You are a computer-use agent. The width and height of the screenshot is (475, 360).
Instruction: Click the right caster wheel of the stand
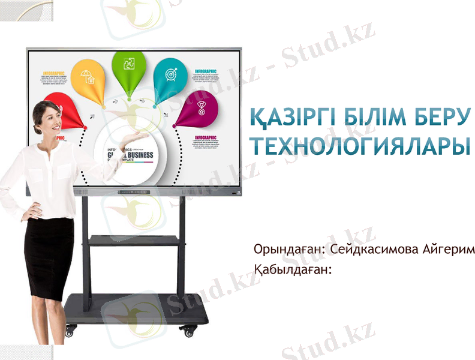coord(189,329)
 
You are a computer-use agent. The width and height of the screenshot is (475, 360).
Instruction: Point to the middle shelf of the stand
coord(134,241)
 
